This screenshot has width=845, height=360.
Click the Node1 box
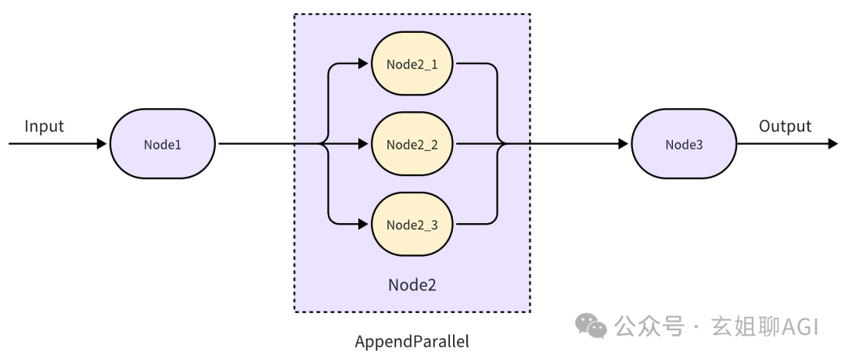(x=163, y=144)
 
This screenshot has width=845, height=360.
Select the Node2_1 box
(x=412, y=63)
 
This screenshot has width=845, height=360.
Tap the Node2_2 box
(x=412, y=144)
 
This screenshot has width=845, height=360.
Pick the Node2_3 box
(x=412, y=225)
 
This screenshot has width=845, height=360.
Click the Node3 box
(x=685, y=144)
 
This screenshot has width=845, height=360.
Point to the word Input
(x=44, y=126)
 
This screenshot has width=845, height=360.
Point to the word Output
(x=785, y=126)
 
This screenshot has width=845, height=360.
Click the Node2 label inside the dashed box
(x=412, y=285)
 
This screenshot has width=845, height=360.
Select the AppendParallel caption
(x=412, y=342)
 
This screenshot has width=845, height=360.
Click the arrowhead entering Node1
(x=102, y=144)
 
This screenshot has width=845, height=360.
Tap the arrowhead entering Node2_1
(x=363, y=63)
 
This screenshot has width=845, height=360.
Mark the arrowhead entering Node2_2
(x=363, y=144)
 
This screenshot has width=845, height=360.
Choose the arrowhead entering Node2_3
(x=363, y=225)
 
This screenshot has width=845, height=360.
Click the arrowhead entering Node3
(x=623, y=144)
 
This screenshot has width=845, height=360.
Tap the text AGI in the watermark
(x=799, y=326)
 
